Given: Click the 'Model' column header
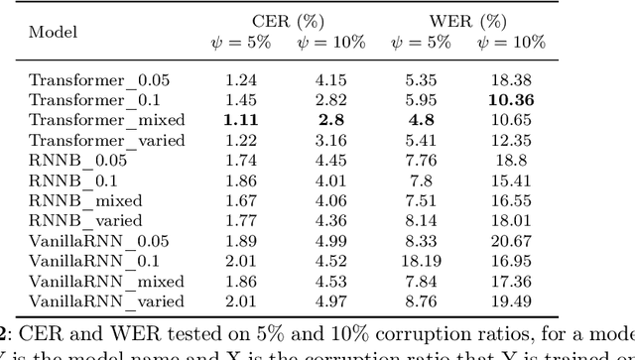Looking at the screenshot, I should (53, 32).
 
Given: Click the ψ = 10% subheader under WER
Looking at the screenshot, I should (511, 43).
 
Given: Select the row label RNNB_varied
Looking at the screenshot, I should (85, 220).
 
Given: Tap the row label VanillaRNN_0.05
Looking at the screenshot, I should (98, 241).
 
